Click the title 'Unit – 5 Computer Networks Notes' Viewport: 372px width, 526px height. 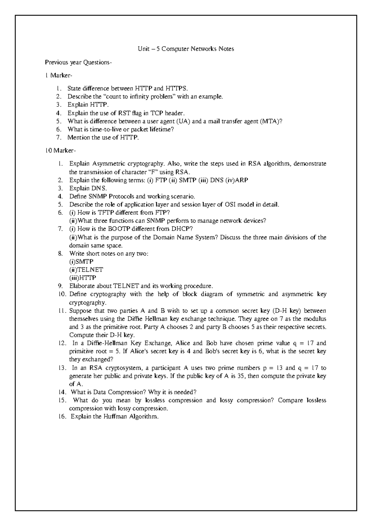coord(186,49)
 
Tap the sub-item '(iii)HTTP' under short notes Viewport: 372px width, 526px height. coord(83,278)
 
